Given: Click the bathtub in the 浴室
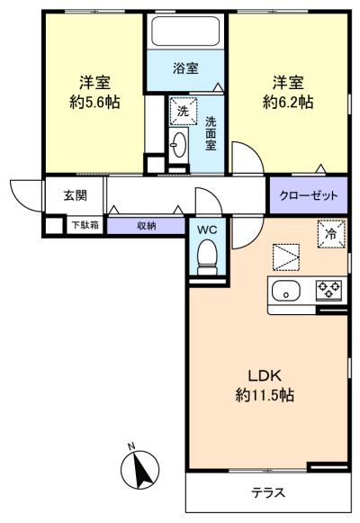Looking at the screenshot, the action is (x=185, y=32).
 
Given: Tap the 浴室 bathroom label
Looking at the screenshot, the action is (x=185, y=68).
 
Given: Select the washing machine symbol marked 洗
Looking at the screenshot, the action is (x=183, y=112).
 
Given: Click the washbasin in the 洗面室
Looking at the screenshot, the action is (x=179, y=145).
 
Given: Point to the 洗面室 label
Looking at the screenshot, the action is (x=211, y=133).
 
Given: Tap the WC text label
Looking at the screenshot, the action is (x=207, y=230).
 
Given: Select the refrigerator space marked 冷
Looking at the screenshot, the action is (x=331, y=234).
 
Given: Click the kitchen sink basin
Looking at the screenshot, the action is (x=286, y=291).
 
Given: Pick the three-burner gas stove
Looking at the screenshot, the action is (x=328, y=290).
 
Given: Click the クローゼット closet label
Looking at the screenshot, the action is (x=309, y=195).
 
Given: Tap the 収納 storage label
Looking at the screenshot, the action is (x=147, y=226).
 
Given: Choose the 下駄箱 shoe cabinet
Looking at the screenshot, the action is (x=85, y=225).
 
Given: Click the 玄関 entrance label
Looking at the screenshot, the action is (x=76, y=195).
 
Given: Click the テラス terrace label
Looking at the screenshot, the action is (x=268, y=492).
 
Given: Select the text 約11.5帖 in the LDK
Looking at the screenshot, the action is (x=265, y=395).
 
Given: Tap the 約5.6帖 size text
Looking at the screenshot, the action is (x=94, y=102).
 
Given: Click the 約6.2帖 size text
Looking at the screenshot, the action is (x=288, y=102).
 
